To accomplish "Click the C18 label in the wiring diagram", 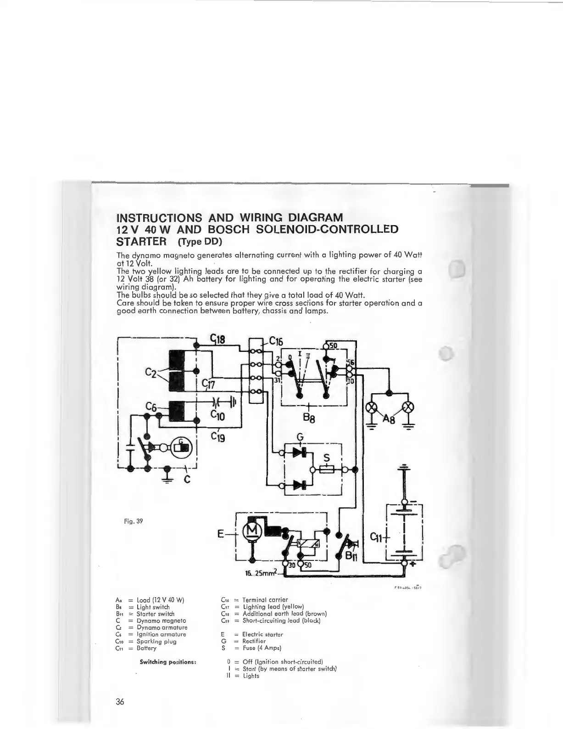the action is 218,340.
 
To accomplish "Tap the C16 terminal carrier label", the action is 276,341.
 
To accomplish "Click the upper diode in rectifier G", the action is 300,452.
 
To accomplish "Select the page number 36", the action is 121,702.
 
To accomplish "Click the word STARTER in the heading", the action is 140,241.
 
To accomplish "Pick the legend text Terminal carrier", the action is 265,599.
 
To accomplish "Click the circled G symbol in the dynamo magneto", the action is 182,446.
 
